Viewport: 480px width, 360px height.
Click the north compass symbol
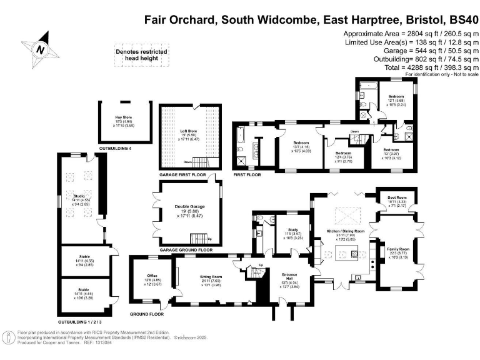(x=41, y=49)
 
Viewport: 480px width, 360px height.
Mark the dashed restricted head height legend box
(x=136, y=56)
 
